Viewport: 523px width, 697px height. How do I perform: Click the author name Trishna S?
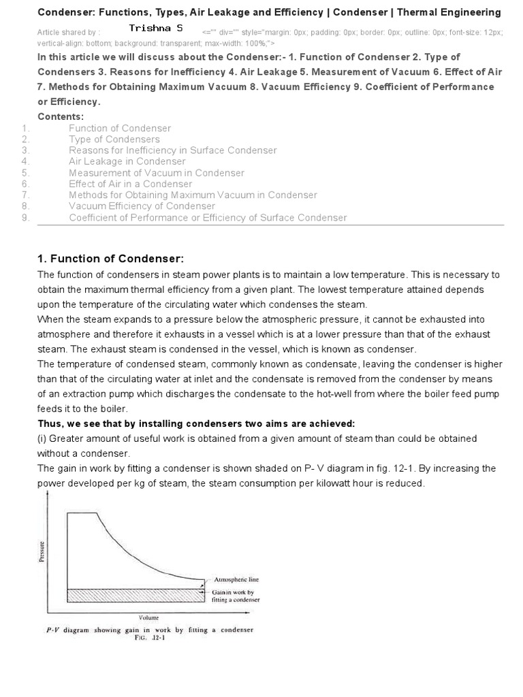155,29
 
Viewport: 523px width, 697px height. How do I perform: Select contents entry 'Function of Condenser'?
119,128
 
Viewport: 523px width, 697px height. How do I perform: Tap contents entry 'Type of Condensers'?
114,139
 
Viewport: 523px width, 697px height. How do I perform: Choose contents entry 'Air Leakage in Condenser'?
127,161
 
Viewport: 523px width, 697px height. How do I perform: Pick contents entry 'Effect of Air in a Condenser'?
130,184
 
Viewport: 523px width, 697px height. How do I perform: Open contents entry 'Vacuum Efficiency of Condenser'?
142,206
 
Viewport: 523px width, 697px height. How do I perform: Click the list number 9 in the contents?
25,218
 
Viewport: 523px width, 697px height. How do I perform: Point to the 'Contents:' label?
61,116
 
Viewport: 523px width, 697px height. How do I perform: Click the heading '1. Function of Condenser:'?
110,259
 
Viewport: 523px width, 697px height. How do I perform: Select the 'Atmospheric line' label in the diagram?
236,580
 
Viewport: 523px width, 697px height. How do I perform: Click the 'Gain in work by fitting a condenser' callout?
236,596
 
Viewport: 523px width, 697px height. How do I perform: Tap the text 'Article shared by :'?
68,32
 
